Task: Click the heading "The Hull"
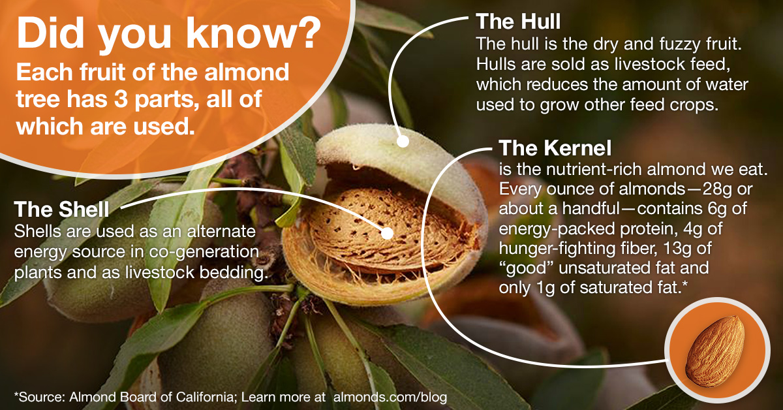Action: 518,22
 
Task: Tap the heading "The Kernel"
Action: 555,148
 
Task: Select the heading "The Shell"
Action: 61,209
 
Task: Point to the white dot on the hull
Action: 403,142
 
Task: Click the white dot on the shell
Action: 387,233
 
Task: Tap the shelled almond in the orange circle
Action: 714,351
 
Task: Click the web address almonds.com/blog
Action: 390,397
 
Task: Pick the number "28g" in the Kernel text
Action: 716,189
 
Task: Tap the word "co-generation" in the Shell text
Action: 204,252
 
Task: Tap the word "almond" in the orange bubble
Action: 247,72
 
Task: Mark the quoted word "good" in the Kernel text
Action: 526,268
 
